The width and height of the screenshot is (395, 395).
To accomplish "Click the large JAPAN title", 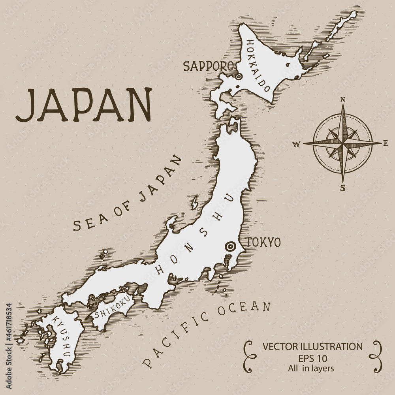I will (84, 105).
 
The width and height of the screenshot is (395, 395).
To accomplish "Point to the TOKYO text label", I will (263, 242).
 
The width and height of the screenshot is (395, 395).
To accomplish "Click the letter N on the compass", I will (343, 100).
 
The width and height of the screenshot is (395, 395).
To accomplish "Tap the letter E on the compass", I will (387, 143).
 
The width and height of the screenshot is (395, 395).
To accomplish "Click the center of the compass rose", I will (343, 143).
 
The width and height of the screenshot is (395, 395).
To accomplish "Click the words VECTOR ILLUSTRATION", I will (312, 347).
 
